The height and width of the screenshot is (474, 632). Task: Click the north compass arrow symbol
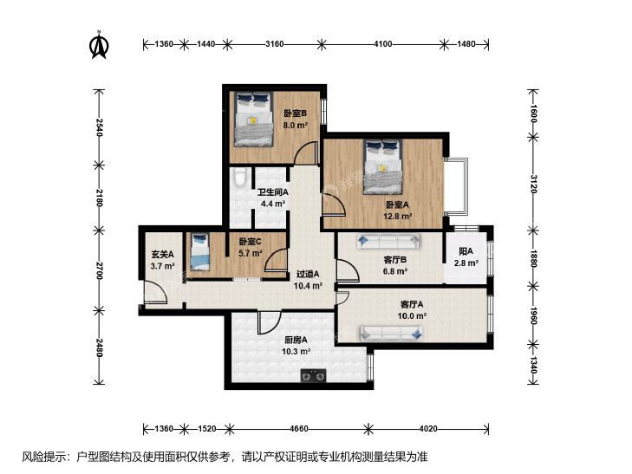[99, 44]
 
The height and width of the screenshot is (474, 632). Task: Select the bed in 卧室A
[382, 166]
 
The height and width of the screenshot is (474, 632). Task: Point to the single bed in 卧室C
[200, 251]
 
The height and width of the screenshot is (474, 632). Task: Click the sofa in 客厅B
[388, 242]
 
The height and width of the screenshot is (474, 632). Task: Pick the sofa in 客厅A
[391, 333]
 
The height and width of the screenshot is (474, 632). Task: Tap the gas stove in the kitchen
[313, 375]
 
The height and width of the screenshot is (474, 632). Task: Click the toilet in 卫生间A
[239, 178]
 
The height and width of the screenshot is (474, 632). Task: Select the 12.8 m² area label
[397, 216]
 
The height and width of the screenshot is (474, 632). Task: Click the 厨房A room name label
[296, 340]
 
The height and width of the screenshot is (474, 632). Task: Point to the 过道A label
[308, 274]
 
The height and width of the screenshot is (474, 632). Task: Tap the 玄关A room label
[162, 255]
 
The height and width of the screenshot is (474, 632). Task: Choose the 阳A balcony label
[466, 251]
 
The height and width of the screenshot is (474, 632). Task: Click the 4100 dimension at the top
[382, 44]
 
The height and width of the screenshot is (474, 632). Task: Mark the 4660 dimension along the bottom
[299, 428]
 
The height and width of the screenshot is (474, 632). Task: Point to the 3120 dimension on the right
[533, 184]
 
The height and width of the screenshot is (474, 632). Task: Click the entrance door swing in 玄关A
[155, 292]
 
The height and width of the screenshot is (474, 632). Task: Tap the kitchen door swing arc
[270, 323]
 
